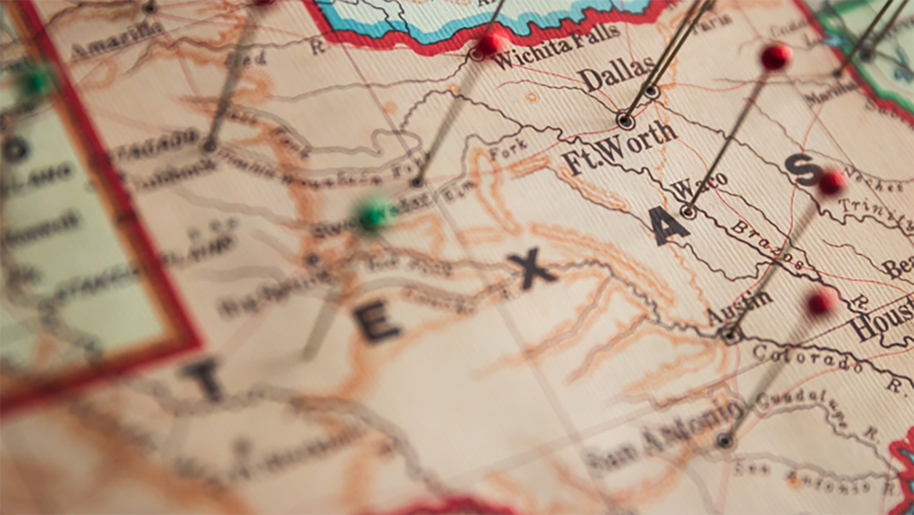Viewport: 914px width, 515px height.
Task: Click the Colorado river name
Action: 807,357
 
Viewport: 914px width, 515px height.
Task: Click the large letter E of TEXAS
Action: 376,322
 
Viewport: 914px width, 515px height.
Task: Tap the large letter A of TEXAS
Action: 670,226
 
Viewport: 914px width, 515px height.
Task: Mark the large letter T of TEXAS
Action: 204,378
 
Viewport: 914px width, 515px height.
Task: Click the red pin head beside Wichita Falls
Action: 490,44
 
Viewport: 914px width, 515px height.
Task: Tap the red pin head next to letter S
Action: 832,181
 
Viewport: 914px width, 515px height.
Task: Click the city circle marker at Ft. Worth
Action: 626,121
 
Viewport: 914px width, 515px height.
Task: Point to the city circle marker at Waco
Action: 688,211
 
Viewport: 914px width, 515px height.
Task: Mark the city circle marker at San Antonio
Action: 725,440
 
